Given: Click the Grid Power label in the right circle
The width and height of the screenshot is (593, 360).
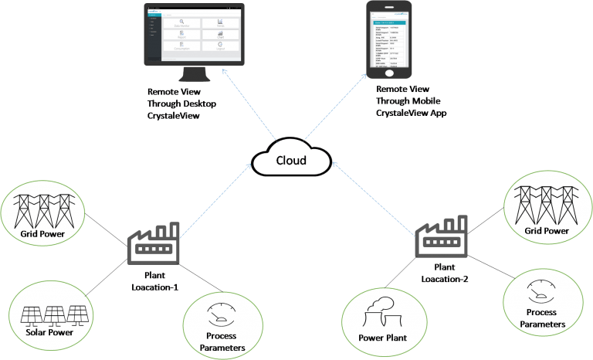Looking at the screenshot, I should (546, 230).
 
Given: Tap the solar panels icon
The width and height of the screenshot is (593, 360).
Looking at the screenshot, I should (52, 313).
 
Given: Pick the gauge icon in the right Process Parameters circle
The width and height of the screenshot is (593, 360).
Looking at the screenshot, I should (537, 292).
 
